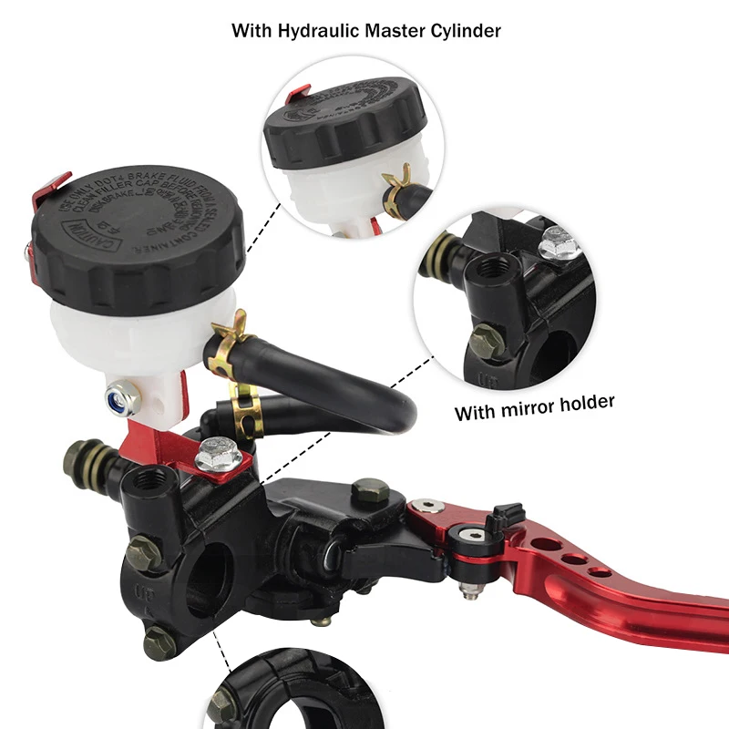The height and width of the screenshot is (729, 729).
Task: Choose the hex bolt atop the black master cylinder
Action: click(370, 493)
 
